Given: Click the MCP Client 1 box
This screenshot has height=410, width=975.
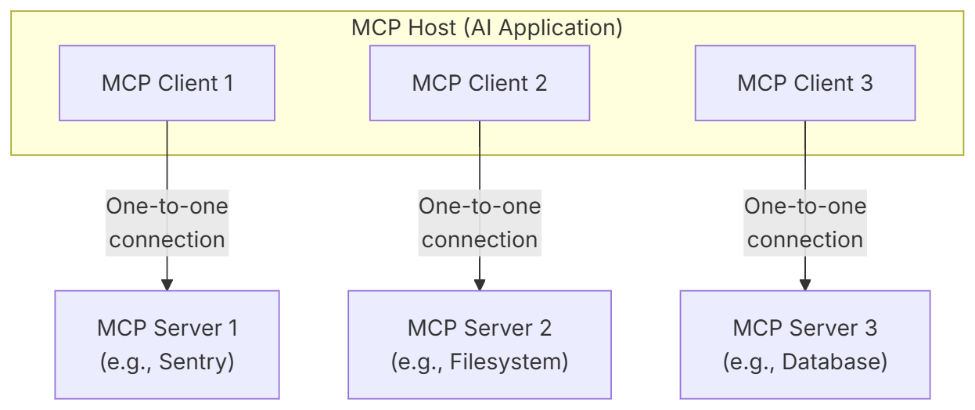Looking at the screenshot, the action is (167, 83).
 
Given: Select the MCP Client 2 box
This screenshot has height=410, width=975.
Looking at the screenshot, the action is (480, 83).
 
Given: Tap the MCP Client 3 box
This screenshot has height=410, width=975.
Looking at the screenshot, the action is (805, 83).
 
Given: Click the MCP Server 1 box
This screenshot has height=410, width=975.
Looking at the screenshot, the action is (167, 345).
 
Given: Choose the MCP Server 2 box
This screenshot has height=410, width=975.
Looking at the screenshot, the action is (480, 345).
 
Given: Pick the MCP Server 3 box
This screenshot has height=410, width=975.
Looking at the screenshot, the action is (805, 345).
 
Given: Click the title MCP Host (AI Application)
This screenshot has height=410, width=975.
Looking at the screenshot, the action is (487, 28).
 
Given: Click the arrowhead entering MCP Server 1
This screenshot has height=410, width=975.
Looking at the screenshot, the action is (167, 285).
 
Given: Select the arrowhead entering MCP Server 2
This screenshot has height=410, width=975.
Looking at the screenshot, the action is (480, 285).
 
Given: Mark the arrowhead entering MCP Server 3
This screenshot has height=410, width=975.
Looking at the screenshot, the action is (805, 285).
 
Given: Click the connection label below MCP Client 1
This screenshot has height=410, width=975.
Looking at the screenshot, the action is (167, 223).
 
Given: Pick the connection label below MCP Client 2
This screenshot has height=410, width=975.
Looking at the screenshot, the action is (480, 223).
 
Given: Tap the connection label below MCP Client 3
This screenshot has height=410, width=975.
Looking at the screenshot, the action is (805, 223).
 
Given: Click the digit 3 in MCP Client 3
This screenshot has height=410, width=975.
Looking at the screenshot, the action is (866, 83).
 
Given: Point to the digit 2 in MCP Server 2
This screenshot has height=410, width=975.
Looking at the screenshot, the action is (545, 328).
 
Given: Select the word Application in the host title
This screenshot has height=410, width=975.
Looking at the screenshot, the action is (557, 29).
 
